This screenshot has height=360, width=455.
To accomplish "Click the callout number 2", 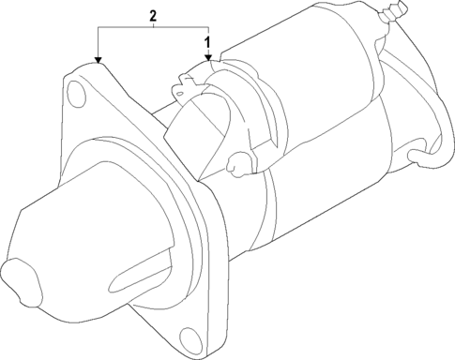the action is tap(151, 17).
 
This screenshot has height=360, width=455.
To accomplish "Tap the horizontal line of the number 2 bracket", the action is tap(151, 29).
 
